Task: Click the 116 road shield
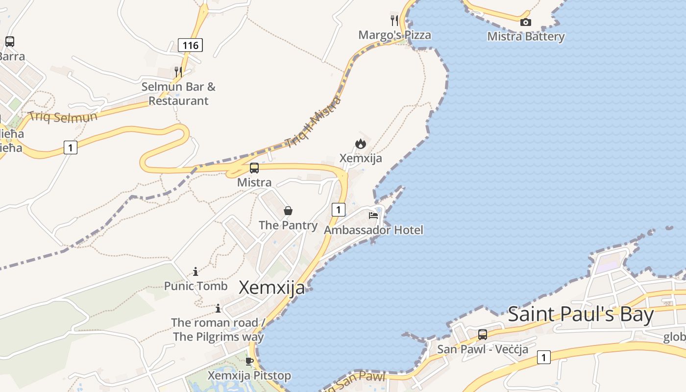[x=190, y=46]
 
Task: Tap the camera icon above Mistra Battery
[x=525, y=22]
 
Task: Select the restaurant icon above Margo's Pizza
[x=394, y=21]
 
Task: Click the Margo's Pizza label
[x=394, y=35]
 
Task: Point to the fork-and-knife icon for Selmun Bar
[x=178, y=72]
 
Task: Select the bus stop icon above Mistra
[x=254, y=168]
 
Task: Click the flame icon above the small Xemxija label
[x=361, y=144]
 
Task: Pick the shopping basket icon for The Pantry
[x=288, y=211]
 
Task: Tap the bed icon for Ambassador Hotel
[x=373, y=215]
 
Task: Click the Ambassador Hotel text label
[x=373, y=230]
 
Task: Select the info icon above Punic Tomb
[x=196, y=271]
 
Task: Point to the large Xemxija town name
[x=271, y=288]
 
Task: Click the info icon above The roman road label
[x=218, y=309]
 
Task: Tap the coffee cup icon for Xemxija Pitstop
[x=249, y=362]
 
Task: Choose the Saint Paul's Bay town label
[x=581, y=315]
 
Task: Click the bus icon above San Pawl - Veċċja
[x=483, y=335]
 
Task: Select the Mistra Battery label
[x=526, y=37]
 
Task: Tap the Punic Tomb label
[x=196, y=286]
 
